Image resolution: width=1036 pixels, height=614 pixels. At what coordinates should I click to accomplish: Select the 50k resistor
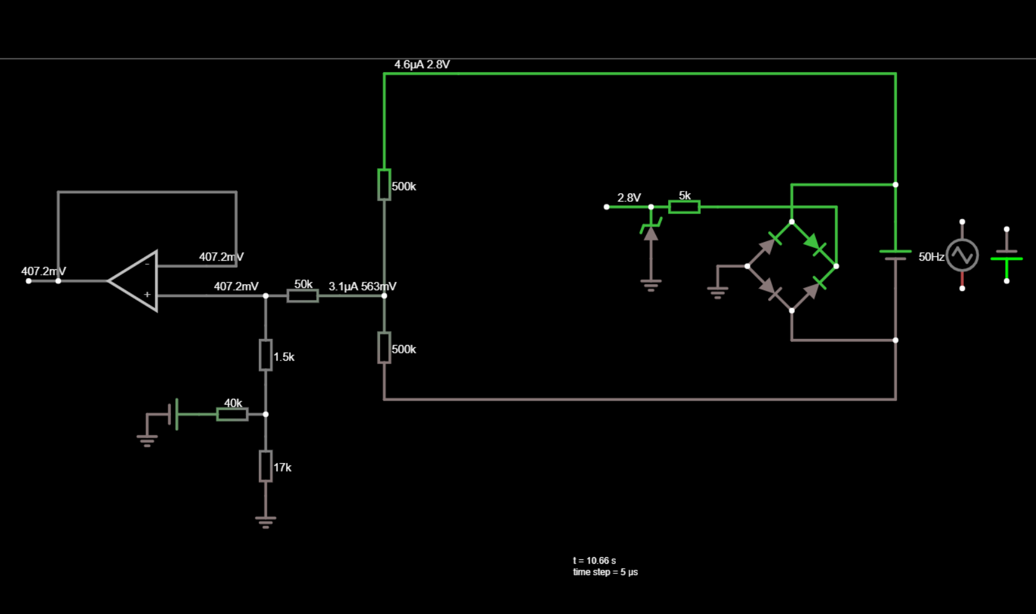(302, 296)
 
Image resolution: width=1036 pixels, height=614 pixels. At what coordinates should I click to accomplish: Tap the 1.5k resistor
(266, 355)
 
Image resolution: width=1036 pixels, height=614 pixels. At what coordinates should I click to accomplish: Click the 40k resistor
(232, 414)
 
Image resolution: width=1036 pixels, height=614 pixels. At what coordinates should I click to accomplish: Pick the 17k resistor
(266, 466)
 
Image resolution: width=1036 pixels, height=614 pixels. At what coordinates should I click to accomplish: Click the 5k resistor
(684, 207)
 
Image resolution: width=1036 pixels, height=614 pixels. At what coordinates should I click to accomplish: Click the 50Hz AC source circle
(962, 255)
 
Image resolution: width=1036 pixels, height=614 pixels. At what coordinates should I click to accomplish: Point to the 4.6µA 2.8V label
(422, 64)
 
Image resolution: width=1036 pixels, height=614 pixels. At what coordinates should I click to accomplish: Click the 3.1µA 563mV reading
(363, 286)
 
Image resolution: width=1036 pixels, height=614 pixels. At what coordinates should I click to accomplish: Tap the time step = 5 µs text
(605, 572)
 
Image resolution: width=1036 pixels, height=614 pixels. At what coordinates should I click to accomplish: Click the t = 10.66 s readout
(594, 561)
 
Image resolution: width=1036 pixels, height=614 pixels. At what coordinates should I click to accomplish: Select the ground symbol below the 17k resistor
(266, 521)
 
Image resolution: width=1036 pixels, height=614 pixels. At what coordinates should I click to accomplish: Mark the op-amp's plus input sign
(147, 295)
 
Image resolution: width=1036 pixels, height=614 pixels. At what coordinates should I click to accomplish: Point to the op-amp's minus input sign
(147, 264)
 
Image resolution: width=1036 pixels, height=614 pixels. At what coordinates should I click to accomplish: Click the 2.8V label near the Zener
(629, 198)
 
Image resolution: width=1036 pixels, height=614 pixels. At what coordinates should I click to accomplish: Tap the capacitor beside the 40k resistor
(173, 414)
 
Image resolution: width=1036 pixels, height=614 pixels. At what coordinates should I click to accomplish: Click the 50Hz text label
(931, 257)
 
